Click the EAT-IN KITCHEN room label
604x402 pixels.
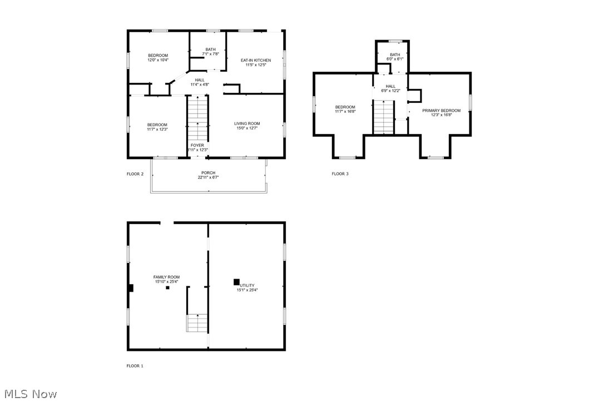256,60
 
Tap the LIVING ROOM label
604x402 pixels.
247,123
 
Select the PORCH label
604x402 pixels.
209,173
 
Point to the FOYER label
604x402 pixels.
198,145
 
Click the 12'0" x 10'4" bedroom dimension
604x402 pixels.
158,60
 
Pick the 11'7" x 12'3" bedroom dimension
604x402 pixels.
157,129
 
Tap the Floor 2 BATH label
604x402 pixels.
210,49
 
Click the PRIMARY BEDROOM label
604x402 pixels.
442,111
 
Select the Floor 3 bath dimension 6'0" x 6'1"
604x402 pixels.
395,59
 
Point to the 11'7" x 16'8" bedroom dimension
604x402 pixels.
345,112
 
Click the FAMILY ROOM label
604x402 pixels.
167,277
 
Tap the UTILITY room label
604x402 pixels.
247,285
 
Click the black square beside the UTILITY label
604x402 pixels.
236,282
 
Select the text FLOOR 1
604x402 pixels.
135,366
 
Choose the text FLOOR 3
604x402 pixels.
340,174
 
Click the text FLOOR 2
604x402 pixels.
135,174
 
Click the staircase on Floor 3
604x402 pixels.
383,117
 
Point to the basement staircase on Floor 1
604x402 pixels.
197,322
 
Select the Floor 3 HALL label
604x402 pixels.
390,86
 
